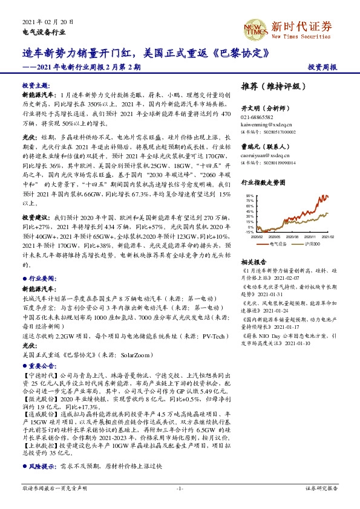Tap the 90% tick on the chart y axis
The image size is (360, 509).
pos(249,196)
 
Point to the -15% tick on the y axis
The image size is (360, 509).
pos(249,232)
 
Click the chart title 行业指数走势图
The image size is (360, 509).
pos(263,181)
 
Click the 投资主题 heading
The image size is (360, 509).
pos(36,86)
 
